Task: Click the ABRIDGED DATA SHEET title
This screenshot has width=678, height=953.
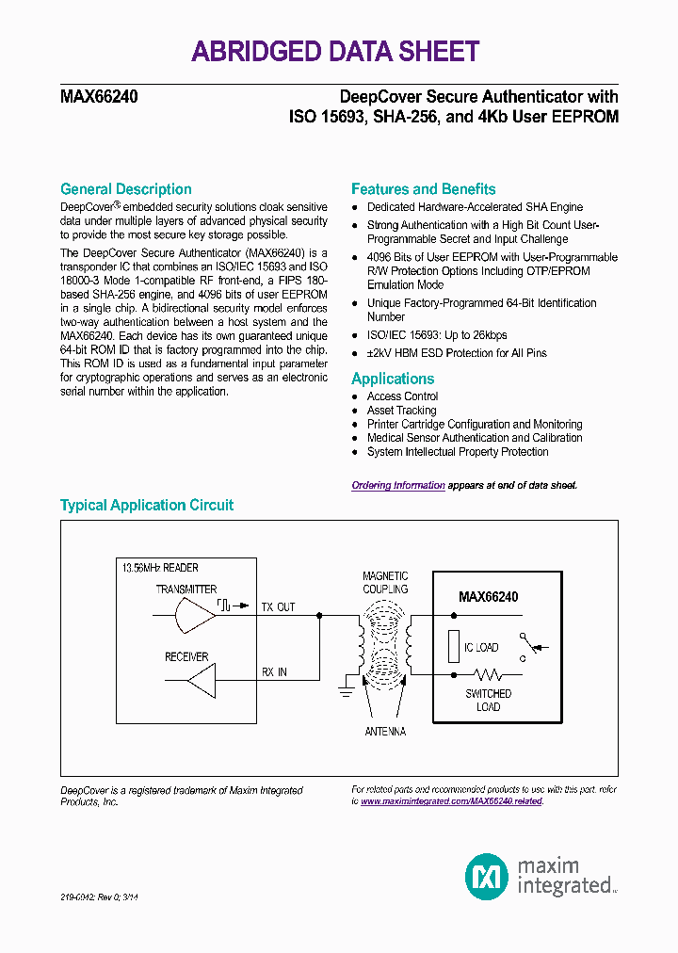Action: tap(335, 51)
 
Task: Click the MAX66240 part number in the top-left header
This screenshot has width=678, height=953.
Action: tap(100, 97)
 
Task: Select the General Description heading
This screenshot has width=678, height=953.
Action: tap(125, 189)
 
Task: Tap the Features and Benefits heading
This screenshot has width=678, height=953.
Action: tap(423, 189)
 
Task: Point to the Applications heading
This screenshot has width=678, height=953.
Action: tap(393, 379)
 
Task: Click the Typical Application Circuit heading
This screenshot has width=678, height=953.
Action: tap(147, 506)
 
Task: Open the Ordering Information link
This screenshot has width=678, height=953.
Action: tap(397, 486)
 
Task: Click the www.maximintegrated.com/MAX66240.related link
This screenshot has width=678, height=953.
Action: tap(452, 801)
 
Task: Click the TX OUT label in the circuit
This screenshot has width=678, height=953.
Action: tap(278, 607)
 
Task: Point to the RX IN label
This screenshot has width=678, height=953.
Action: tap(275, 672)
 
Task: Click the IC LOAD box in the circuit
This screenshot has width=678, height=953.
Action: tap(455, 648)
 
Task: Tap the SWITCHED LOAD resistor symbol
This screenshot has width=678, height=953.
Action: tap(489, 675)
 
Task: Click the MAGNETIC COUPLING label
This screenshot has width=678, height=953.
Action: tap(385, 583)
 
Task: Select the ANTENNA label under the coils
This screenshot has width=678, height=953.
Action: tap(385, 732)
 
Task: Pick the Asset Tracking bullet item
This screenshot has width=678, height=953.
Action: tap(401, 411)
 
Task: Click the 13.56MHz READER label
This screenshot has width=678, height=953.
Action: tap(160, 569)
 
